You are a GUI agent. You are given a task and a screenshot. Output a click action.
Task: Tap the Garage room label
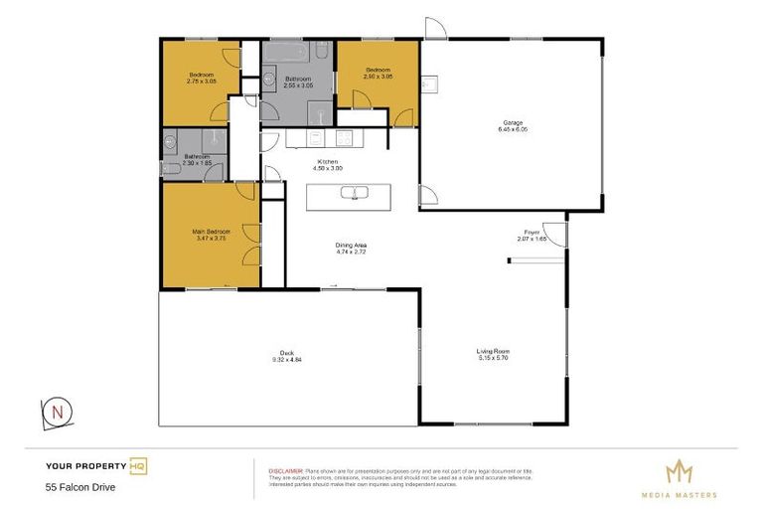(512, 122)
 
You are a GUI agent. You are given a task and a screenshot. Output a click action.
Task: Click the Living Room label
(492, 351)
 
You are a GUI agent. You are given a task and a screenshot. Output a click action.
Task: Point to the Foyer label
(533, 232)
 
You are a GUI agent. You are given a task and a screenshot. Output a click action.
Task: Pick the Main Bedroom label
(212, 232)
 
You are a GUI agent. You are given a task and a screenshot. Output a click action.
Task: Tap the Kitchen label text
(328, 161)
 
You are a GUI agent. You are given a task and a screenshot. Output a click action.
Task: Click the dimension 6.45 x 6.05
(512, 129)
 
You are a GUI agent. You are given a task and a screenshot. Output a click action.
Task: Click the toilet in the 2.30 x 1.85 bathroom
(170, 170)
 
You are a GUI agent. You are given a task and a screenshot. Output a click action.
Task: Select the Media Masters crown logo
(678, 470)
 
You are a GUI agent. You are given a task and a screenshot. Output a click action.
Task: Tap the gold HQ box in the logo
(138, 465)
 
